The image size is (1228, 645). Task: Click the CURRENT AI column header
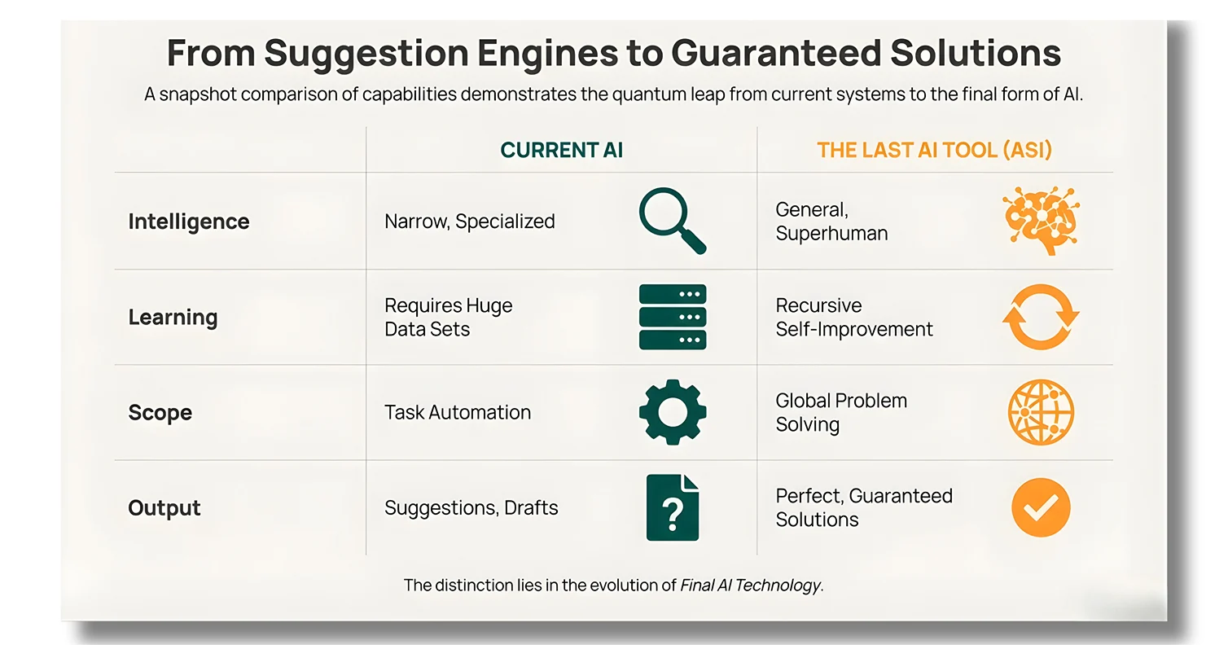[x=561, y=150]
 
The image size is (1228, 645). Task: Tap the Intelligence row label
[x=189, y=222]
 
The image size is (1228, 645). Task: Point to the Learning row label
[x=173, y=317]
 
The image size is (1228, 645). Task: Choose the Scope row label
[x=160, y=412]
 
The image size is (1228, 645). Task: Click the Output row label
[x=164, y=507]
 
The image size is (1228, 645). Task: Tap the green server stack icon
[x=673, y=317]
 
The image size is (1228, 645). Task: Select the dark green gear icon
[x=673, y=411]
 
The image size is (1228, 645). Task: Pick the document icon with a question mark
[x=673, y=507]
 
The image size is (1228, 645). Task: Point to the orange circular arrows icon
[x=1041, y=317]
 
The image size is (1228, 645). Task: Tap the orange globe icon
[x=1041, y=412]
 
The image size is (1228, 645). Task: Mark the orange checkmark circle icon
[x=1041, y=507]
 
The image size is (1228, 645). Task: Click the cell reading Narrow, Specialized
[x=470, y=222]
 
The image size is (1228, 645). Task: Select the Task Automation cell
[x=458, y=412]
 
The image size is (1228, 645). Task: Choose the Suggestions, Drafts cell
[x=471, y=507]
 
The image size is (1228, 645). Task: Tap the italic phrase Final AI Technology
[x=751, y=585]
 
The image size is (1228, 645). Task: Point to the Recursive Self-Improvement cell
[x=854, y=317]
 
